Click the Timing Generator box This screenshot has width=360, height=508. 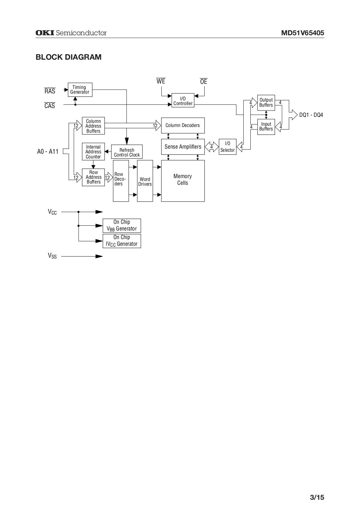point(80,90)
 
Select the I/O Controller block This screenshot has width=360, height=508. point(183,100)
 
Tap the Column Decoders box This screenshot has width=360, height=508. point(183,125)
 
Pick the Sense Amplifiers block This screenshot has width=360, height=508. point(183,147)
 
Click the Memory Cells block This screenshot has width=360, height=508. point(183,181)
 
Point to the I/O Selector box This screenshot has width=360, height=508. point(228,147)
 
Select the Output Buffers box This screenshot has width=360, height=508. point(266,103)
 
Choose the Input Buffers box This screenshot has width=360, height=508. point(266,126)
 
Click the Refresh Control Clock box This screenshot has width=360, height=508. point(127,152)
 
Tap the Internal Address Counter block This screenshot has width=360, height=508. point(93,152)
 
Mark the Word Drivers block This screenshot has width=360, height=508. point(145,181)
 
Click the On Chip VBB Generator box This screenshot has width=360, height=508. point(122,225)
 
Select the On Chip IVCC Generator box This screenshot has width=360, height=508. point(122,241)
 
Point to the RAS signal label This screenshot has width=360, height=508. point(50,91)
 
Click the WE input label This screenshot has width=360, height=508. point(161,81)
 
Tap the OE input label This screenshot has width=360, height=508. point(204,82)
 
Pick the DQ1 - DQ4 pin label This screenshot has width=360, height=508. point(311,115)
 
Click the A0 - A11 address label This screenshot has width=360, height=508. point(48,151)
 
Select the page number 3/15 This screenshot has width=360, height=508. point(317,497)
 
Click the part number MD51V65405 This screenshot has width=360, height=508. point(302,33)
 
